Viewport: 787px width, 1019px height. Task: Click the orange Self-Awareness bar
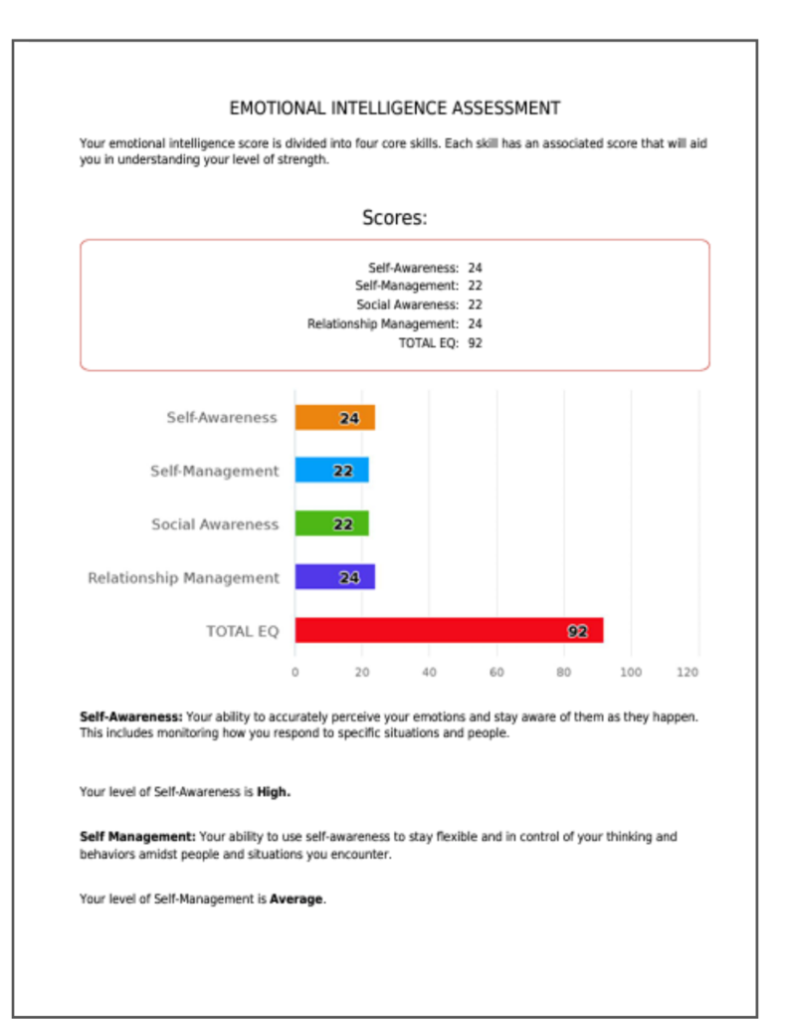point(334,418)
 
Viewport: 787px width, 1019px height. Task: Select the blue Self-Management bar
point(331,471)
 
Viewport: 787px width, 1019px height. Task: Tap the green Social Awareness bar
point(331,524)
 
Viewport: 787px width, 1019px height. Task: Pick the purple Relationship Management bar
point(334,577)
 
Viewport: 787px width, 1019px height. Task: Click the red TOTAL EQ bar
point(448,631)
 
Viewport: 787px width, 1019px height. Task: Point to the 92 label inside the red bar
point(577,631)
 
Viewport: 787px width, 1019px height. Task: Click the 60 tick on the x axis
point(496,673)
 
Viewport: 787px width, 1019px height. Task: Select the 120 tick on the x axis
point(688,673)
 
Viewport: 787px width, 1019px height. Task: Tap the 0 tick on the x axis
point(295,673)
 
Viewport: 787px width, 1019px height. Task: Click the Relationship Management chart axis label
point(183,578)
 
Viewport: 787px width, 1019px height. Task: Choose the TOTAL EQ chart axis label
point(242,631)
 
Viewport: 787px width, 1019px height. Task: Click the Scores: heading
point(394,218)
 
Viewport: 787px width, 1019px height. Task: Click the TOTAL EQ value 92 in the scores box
point(475,343)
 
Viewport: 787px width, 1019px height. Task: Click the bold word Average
point(296,900)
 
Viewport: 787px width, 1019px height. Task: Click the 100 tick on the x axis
point(631,673)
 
